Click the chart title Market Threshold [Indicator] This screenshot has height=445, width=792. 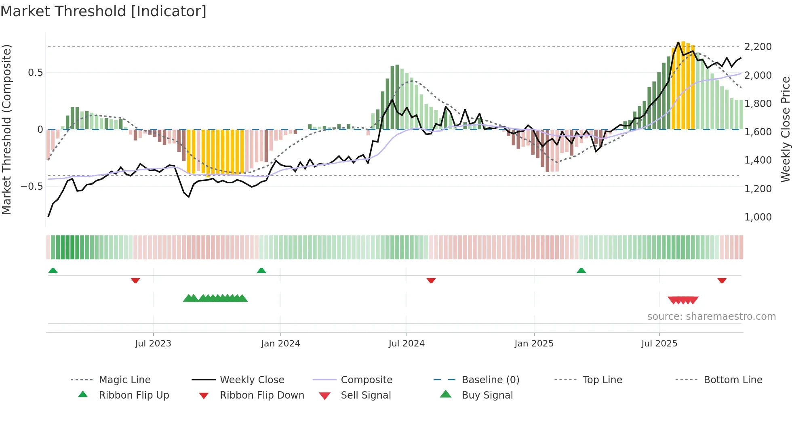tap(103, 11)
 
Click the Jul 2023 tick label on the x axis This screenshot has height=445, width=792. tap(153, 344)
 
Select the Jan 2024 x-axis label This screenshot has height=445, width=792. tap(280, 344)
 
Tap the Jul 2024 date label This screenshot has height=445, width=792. tap(407, 344)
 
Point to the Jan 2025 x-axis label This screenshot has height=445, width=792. tap(534, 344)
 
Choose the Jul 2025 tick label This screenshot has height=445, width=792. tap(659, 344)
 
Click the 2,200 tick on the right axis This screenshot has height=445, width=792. tap(758, 47)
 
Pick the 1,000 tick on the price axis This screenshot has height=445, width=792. tap(758, 217)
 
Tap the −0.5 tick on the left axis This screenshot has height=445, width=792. tap(32, 187)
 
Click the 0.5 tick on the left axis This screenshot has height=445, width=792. tap(35, 73)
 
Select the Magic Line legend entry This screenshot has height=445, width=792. tap(124, 380)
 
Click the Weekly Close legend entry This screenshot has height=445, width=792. tap(252, 380)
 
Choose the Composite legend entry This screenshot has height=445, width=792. tap(367, 380)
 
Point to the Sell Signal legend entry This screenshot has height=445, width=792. tap(366, 395)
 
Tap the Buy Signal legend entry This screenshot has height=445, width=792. tap(487, 395)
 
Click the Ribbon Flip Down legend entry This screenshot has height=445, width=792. tap(262, 395)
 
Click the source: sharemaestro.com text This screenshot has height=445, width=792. tap(711, 317)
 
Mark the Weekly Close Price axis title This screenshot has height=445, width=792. tap(785, 129)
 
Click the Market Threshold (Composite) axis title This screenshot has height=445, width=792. tap(6, 129)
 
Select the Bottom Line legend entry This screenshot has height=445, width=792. tap(733, 380)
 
